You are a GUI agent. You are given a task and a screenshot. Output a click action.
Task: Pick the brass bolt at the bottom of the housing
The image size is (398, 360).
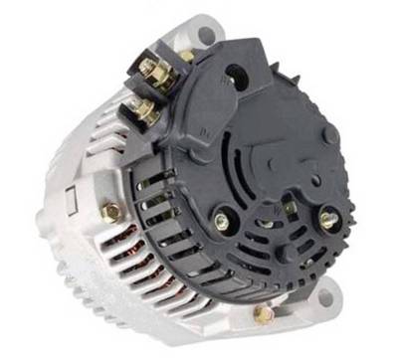262,315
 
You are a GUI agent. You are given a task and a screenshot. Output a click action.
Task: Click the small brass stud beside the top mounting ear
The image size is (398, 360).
186,56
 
